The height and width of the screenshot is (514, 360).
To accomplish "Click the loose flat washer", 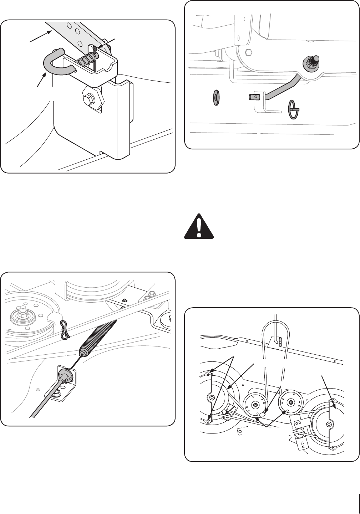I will (x=216, y=97).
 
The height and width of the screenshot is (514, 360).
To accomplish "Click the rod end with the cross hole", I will (x=255, y=96).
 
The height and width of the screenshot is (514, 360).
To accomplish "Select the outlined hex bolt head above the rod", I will (x=249, y=53).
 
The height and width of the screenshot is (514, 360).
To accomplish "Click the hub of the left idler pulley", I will (x=255, y=404).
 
